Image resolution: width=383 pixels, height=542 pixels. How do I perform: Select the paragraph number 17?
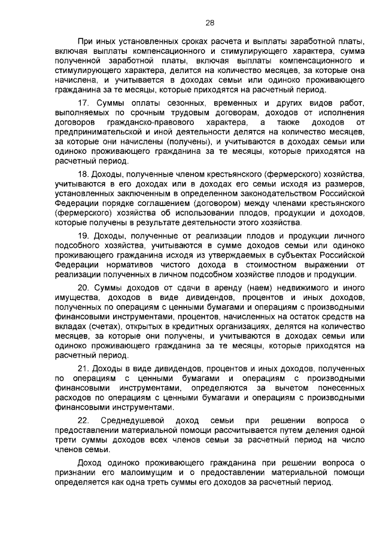[x=84, y=102]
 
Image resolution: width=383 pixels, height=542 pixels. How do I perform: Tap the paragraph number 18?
[x=84, y=174]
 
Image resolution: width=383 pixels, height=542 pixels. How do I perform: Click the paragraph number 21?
[x=84, y=369]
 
